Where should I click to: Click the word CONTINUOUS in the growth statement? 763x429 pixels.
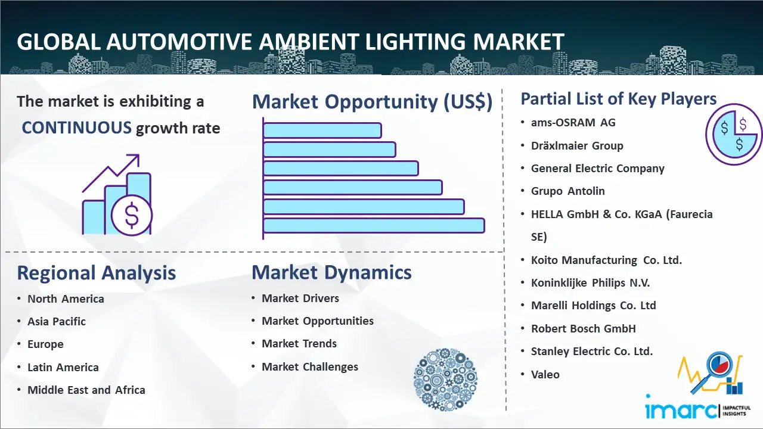(76, 128)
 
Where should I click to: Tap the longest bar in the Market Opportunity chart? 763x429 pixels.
(373, 226)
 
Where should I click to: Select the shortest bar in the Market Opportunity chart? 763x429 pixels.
(322, 130)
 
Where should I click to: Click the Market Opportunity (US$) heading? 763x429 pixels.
(372, 102)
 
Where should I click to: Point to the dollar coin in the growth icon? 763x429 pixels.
(132, 216)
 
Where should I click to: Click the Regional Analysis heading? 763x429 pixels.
(97, 273)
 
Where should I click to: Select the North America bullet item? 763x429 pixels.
(66, 299)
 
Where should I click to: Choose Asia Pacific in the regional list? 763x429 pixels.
(57, 322)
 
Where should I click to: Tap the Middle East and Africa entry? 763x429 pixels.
(86, 390)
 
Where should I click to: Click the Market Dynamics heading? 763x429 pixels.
(331, 272)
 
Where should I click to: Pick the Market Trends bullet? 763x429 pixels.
(299, 344)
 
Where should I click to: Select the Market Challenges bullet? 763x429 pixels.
(310, 367)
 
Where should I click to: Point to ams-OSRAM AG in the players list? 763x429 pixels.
(573, 123)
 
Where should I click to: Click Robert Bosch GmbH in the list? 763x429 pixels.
(584, 328)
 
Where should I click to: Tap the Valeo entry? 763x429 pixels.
(545, 374)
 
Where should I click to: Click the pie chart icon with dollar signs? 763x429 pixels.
(733, 135)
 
